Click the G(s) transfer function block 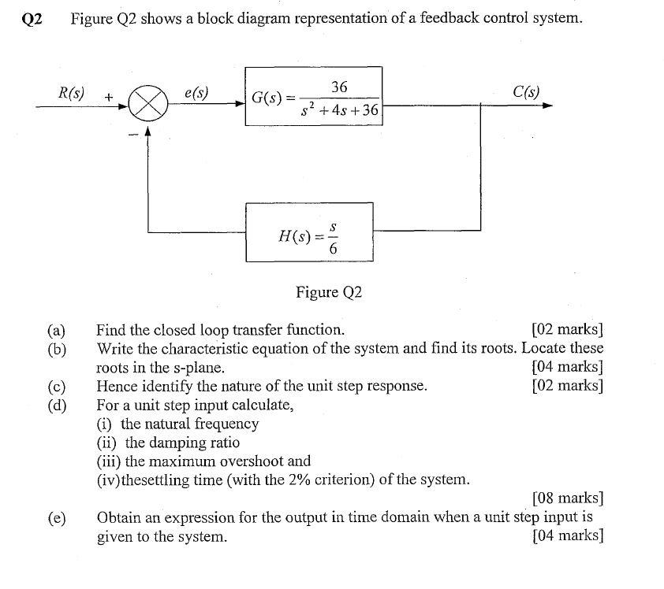tap(313, 96)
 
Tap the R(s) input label tap(73, 92)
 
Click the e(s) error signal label tap(196, 92)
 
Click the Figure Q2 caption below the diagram tap(329, 293)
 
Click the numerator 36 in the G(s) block tap(340, 87)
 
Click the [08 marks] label tap(568, 498)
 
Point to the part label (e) tap(56, 518)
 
